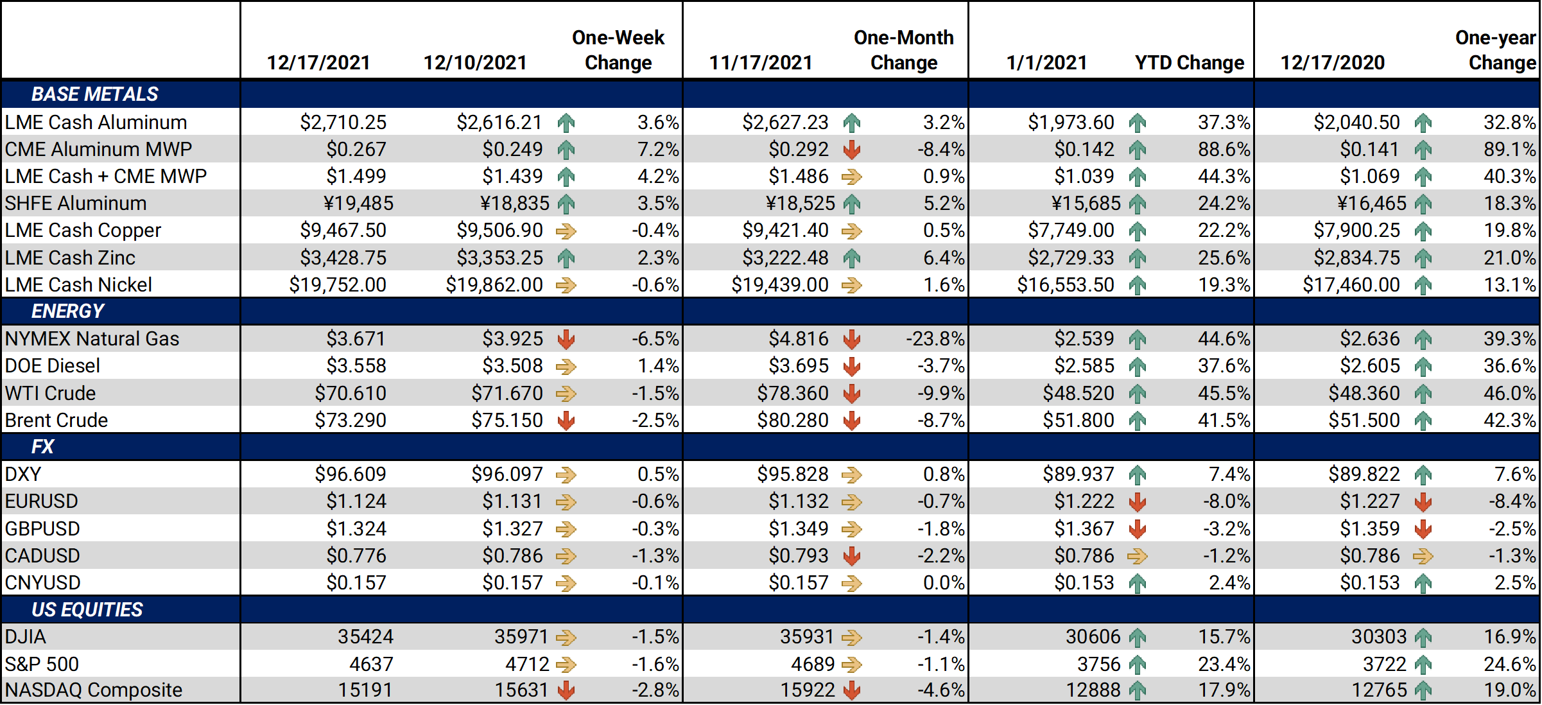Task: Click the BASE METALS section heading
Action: [x=94, y=94]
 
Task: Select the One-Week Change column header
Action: [x=618, y=50]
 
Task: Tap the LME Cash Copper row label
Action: [x=83, y=230]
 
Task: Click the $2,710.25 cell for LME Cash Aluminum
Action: [x=343, y=122]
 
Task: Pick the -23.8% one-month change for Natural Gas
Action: [x=935, y=338]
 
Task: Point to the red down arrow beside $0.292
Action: [x=852, y=150]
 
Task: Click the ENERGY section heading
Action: [x=67, y=311]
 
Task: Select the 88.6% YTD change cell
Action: [x=1223, y=149]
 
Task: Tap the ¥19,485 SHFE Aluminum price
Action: [x=358, y=203]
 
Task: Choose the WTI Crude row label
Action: [x=50, y=393]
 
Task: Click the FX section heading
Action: [x=42, y=446]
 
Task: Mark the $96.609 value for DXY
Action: [x=350, y=474]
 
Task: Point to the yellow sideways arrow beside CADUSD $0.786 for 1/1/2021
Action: [x=1137, y=556]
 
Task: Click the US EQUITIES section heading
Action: [x=87, y=609]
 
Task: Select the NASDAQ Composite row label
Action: [x=93, y=690]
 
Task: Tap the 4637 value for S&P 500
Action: [x=371, y=664]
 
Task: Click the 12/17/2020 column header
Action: [x=1332, y=62]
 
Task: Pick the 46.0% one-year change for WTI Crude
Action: [x=1509, y=393]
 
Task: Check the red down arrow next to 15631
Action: [x=566, y=690]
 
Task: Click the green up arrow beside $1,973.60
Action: [x=1137, y=123]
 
